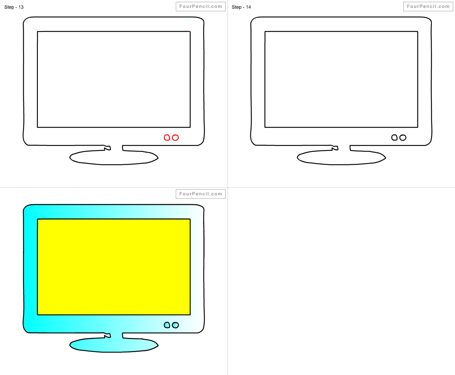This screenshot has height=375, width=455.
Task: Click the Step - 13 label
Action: (x=14, y=7)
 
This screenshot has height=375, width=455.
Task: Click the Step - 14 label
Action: (x=241, y=7)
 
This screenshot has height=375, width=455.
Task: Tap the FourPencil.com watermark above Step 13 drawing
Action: (x=201, y=7)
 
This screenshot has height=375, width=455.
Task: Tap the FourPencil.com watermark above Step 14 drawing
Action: (x=428, y=7)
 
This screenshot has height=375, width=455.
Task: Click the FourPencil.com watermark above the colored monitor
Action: (x=201, y=194)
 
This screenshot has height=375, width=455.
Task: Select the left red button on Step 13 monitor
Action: (x=167, y=137)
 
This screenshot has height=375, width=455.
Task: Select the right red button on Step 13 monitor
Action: (x=175, y=137)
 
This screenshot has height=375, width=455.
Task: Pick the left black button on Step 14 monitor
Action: (x=395, y=137)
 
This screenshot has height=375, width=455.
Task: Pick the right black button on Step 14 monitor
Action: (x=403, y=137)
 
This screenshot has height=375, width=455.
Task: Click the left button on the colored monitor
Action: (x=167, y=325)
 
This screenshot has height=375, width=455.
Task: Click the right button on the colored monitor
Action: (x=175, y=325)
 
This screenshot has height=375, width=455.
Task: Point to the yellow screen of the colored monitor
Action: (x=114, y=267)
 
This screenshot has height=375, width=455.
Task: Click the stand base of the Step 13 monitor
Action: (x=114, y=158)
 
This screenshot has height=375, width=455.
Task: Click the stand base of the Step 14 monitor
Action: (x=341, y=158)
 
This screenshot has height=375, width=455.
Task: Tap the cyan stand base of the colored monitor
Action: (x=114, y=346)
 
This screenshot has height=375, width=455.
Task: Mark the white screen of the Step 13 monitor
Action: (x=114, y=79)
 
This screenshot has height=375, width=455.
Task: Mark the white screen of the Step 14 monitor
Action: (x=341, y=79)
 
